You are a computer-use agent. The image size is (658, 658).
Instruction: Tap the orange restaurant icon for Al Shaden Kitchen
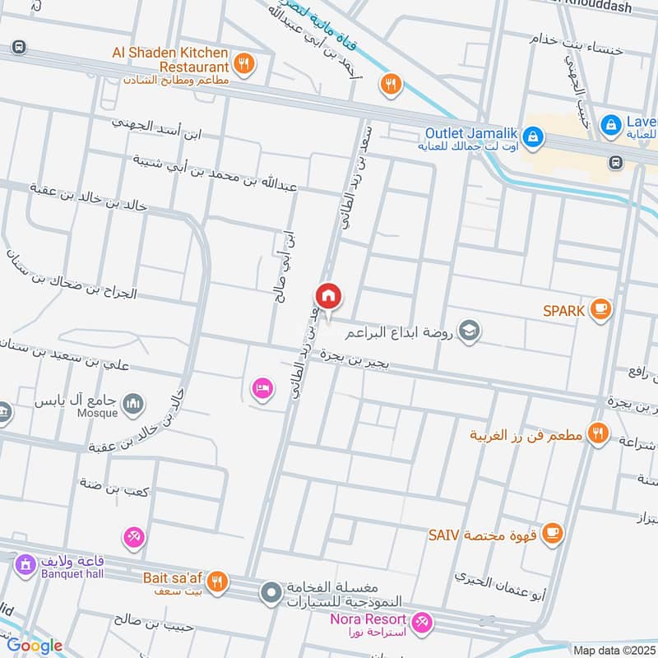pos(243,61)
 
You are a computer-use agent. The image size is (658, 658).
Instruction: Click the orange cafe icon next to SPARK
pos(601,309)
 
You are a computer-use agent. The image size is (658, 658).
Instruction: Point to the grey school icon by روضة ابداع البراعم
pos(470,331)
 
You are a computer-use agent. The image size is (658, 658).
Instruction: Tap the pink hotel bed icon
pos(262,387)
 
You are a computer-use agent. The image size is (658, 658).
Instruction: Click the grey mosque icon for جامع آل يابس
pos(133,404)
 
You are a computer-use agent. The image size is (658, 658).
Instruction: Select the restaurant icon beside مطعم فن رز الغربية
pos(599,433)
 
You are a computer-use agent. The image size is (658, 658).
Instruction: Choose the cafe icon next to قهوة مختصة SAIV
pos(554,534)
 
